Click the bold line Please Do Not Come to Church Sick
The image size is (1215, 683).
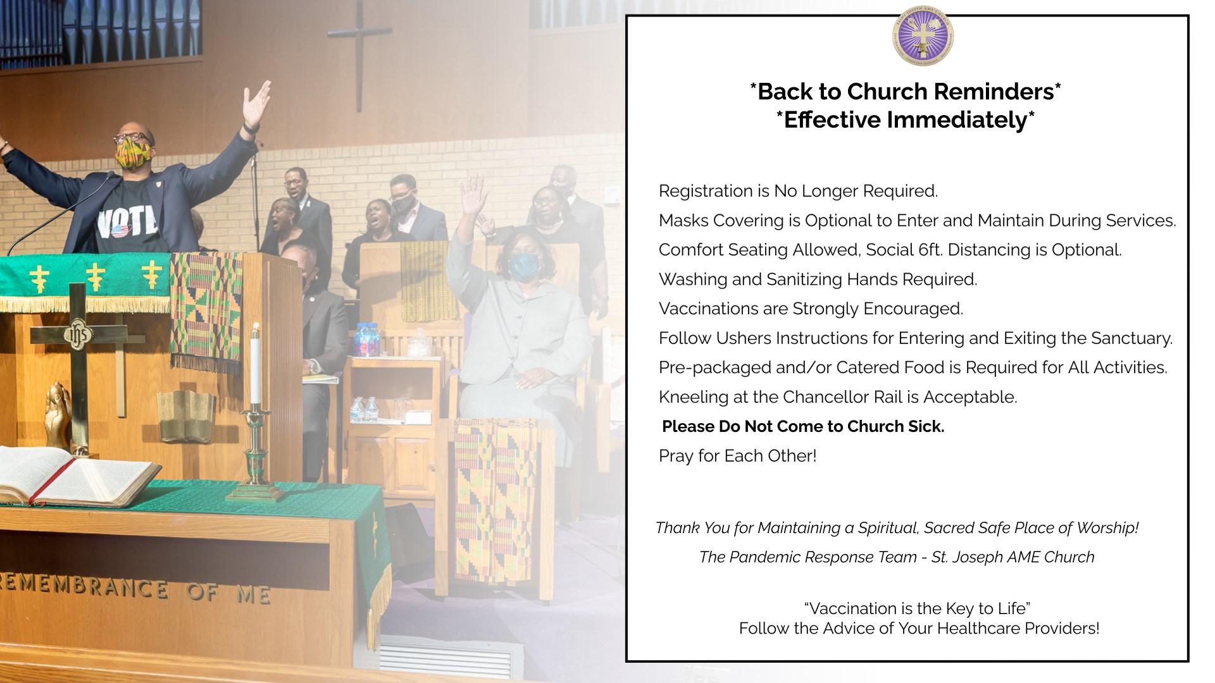point(803,427)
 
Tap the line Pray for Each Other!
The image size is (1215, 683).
point(738,456)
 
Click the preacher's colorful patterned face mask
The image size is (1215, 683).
point(132,154)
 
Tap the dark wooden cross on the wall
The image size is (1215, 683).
point(359,54)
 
